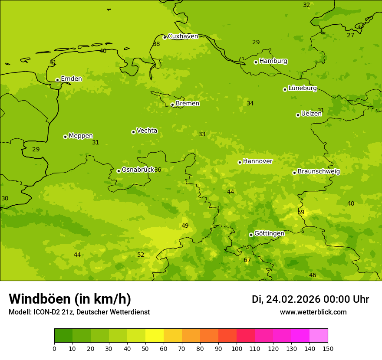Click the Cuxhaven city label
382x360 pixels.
coord(183,36)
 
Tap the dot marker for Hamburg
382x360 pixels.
coord(256,62)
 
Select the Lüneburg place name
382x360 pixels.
coord(303,88)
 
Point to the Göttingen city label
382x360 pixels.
coord(269,233)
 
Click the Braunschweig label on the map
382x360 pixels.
coord(319,171)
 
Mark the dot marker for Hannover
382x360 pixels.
coord(240,162)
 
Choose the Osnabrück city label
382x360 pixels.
coord(138,170)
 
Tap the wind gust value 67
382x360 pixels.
coord(247,260)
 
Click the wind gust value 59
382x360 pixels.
coord(301,212)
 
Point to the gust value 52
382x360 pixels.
coord(141,255)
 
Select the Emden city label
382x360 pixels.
coord(71,79)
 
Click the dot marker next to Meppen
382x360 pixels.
coord(65,137)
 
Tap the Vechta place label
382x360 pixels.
coord(147,131)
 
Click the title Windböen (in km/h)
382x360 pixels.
coord(70,299)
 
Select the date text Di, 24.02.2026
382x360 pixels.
coord(286,299)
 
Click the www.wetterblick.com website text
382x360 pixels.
coord(313,312)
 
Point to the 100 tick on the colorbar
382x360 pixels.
coord(237,348)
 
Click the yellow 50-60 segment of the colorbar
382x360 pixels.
coord(155,336)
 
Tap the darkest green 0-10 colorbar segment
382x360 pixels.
coord(63,336)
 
